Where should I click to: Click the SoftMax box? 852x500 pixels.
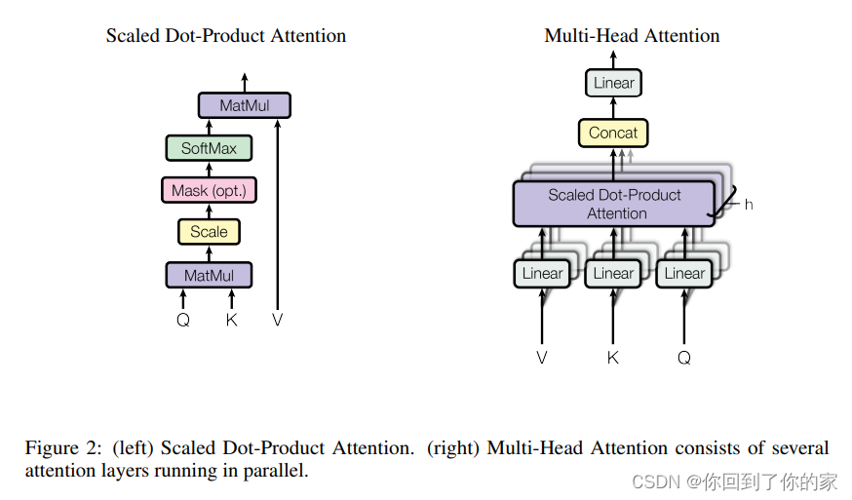coord(209,149)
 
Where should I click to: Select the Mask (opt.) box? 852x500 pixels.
coord(209,190)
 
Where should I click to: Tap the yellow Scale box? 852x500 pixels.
coord(209,232)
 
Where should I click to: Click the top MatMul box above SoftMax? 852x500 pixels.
coord(245,105)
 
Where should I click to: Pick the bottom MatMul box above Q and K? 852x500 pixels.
coord(209,276)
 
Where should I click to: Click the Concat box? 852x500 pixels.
coord(613,133)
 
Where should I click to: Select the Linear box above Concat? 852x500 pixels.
coord(613,83)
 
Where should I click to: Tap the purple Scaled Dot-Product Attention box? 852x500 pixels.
coord(614,204)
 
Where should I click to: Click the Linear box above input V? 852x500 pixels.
coord(542,274)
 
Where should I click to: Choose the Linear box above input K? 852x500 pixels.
coord(613,274)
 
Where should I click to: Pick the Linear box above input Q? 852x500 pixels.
coord(684,274)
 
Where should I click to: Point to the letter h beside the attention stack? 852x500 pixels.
coord(749,205)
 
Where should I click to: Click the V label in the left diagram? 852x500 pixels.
coord(278,320)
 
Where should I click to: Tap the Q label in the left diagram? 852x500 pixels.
coord(183,320)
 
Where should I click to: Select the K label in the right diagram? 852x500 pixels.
coord(613,358)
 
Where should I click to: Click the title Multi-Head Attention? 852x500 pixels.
coord(632,36)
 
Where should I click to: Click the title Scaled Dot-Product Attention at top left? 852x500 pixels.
coord(226,36)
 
